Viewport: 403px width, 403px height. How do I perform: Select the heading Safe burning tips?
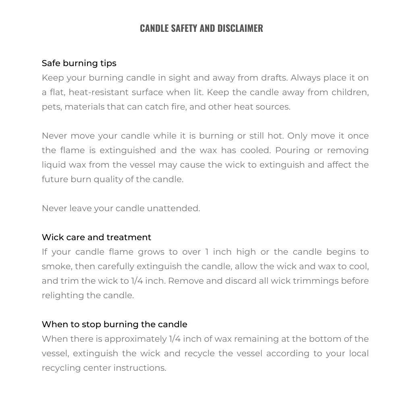click(x=79, y=63)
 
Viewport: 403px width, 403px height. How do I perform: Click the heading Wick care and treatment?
click(x=96, y=237)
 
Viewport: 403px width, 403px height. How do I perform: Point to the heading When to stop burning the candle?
click(x=114, y=324)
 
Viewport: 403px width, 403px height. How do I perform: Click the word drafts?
click(x=274, y=78)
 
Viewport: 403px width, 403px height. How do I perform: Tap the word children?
click(x=350, y=92)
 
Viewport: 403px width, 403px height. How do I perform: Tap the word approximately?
click(x=135, y=339)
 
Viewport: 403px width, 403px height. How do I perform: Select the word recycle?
click(x=199, y=353)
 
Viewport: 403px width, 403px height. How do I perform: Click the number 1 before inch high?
click(x=207, y=252)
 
